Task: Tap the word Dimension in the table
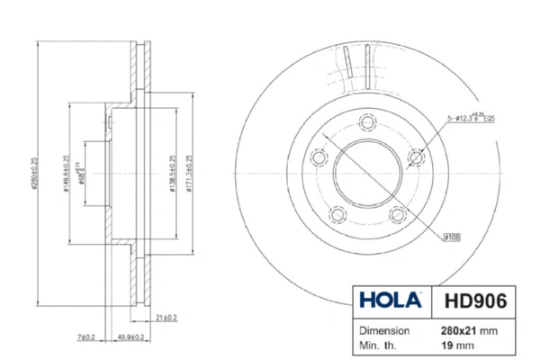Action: pos(385,330)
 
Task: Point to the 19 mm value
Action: pos(461,345)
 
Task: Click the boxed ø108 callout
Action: pos(452,237)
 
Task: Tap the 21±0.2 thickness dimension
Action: pos(165,317)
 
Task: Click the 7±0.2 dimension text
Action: pos(86,337)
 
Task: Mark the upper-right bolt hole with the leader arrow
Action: pos(415,157)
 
